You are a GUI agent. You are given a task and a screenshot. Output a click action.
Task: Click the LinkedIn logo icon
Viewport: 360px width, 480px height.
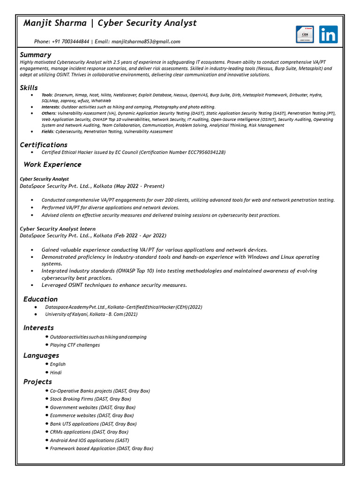point(328,35)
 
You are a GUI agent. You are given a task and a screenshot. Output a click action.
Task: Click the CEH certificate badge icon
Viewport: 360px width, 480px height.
point(305,35)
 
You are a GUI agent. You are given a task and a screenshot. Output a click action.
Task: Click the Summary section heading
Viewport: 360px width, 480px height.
point(35,55)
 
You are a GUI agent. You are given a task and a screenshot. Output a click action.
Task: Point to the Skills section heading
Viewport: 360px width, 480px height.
point(29,88)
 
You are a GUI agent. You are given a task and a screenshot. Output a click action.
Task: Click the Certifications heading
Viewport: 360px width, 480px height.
point(44,145)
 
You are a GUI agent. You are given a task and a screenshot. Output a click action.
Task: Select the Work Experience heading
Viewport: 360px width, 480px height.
point(52,165)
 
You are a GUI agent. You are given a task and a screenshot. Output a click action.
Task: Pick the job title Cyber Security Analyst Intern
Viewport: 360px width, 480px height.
point(51,229)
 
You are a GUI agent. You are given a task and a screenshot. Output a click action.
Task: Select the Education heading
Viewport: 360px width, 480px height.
point(40,299)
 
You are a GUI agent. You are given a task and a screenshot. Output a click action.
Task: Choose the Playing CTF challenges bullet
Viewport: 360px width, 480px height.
point(75,345)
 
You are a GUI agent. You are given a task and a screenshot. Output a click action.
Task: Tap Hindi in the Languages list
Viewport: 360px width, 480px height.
point(56,373)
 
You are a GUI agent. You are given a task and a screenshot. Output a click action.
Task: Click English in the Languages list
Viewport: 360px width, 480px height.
point(58,364)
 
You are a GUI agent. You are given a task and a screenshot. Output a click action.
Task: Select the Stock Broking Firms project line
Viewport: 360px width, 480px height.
point(90,399)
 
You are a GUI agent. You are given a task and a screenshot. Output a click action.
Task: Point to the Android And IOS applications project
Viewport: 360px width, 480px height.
point(90,441)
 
